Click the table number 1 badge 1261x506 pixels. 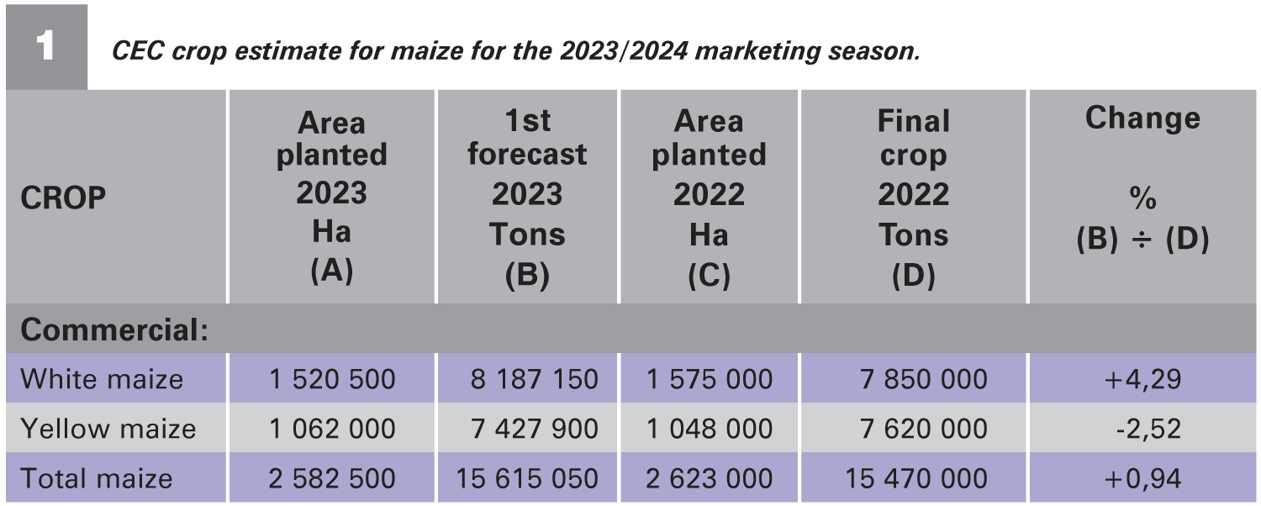point(45,46)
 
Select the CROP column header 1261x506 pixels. point(63,198)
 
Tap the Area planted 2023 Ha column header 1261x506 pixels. point(331,198)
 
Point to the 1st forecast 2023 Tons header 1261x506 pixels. point(527,198)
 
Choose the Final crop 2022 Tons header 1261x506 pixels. point(913,198)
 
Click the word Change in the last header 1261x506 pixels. point(1142,119)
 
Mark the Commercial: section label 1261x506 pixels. point(114,330)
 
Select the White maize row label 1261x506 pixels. point(102,379)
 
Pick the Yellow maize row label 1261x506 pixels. point(108,429)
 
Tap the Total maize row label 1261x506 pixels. point(97,478)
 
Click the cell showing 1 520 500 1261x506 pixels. point(332,379)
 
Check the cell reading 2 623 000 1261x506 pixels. point(709,478)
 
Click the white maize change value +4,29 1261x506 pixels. point(1142,379)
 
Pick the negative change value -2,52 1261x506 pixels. point(1145,429)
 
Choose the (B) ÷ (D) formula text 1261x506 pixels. point(1142,240)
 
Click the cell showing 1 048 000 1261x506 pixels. point(709,429)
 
